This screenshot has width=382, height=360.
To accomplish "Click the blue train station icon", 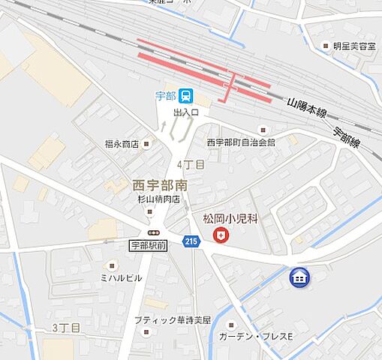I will (x=186, y=96).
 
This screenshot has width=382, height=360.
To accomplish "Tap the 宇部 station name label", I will (x=165, y=96).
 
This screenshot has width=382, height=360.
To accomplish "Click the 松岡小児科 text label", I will (x=231, y=220).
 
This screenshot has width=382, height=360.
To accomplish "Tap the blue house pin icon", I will (x=299, y=277).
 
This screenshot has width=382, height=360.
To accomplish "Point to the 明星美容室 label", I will (x=355, y=46).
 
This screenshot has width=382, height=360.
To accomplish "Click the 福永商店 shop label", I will (x=122, y=143).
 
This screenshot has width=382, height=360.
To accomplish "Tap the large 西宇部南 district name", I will (x=159, y=184).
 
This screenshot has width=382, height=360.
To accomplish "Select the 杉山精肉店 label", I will (x=158, y=199).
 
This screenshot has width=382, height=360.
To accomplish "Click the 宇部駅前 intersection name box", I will (x=149, y=244).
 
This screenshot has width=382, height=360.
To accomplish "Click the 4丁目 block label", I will (x=185, y=163).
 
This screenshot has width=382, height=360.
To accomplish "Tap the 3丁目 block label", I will (x=66, y=328).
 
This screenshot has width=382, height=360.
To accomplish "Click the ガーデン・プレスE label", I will (x=256, y=336).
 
